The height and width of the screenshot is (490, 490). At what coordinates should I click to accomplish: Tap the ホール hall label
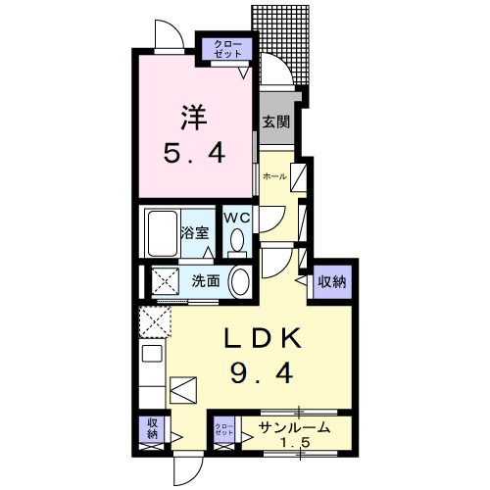[274, 176]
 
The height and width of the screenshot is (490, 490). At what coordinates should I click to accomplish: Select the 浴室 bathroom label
[194, 232]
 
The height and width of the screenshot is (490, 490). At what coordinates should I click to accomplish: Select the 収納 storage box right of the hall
[331, 282]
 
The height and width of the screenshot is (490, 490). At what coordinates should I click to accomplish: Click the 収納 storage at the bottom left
[153, 428]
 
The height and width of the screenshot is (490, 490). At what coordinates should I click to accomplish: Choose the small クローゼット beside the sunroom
[224, 432]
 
